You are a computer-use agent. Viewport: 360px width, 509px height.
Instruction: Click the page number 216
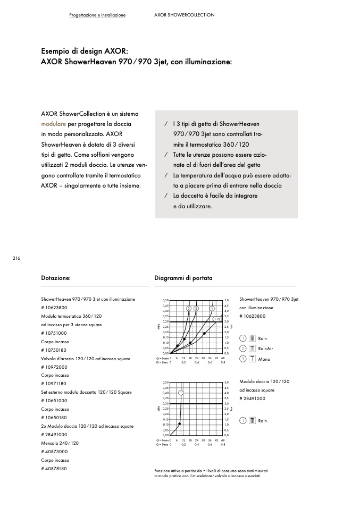click(16, 258)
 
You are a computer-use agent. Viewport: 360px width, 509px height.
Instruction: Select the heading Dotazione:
click(56, 278)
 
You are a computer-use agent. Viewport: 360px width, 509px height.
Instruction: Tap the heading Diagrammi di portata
click(183, 278)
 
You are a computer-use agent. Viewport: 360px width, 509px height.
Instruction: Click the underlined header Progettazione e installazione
click(97, 15)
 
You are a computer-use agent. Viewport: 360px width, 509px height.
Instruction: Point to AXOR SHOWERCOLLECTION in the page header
click(184, 15)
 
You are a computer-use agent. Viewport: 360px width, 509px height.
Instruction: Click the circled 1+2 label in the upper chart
click(217, 318)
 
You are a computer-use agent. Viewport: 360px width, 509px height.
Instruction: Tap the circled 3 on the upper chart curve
click(188, 308)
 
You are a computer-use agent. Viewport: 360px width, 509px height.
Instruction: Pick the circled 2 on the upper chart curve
click(196, 308)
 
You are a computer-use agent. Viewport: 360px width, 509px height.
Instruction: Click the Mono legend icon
click(253, 359)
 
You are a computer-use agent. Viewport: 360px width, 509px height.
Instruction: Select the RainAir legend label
click(265, 349)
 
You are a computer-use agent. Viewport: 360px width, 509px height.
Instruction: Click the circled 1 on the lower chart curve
click(181, 393)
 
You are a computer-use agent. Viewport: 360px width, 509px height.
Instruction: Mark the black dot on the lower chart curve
click(180, 423)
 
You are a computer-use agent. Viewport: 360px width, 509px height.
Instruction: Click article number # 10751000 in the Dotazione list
click(54, 333)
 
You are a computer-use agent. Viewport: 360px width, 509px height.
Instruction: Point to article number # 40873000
click(54, 452)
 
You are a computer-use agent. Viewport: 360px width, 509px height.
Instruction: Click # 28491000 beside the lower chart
click(253, 398)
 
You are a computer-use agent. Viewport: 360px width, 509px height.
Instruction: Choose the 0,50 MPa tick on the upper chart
click(165, 301)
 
